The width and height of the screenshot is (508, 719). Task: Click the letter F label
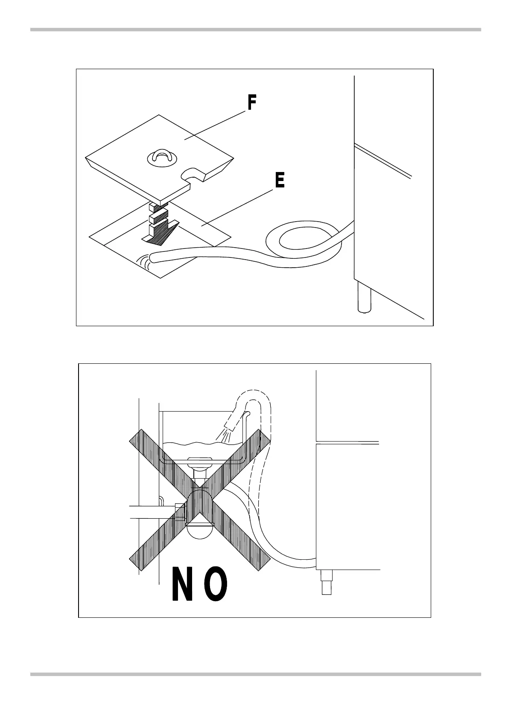tap(252, 103)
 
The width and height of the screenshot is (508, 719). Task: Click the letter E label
tap(279, 181)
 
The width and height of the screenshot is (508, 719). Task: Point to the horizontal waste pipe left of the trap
tap(152, 511)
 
